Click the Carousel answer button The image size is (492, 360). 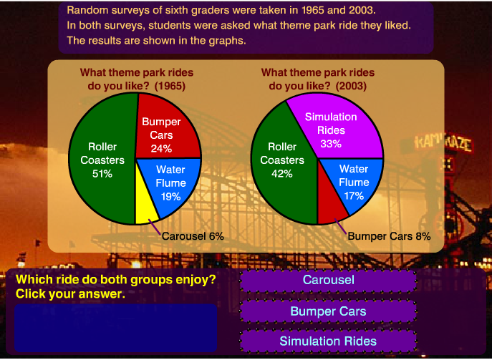click(x=328, y=280)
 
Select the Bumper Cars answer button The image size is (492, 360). click(x=328, y=311)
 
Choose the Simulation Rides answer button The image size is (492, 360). click(x=328, y=341)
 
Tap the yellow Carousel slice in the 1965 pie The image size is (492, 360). click(x=146, y=203)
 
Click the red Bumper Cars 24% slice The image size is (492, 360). click(x=162, y=132)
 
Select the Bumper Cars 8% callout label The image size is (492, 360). click(x=389, y=235)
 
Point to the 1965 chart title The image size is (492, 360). click(x=136, y=79)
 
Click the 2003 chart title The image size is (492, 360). click(x=318, y=79)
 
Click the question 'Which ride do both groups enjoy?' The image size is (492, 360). click(x=115, y=280)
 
